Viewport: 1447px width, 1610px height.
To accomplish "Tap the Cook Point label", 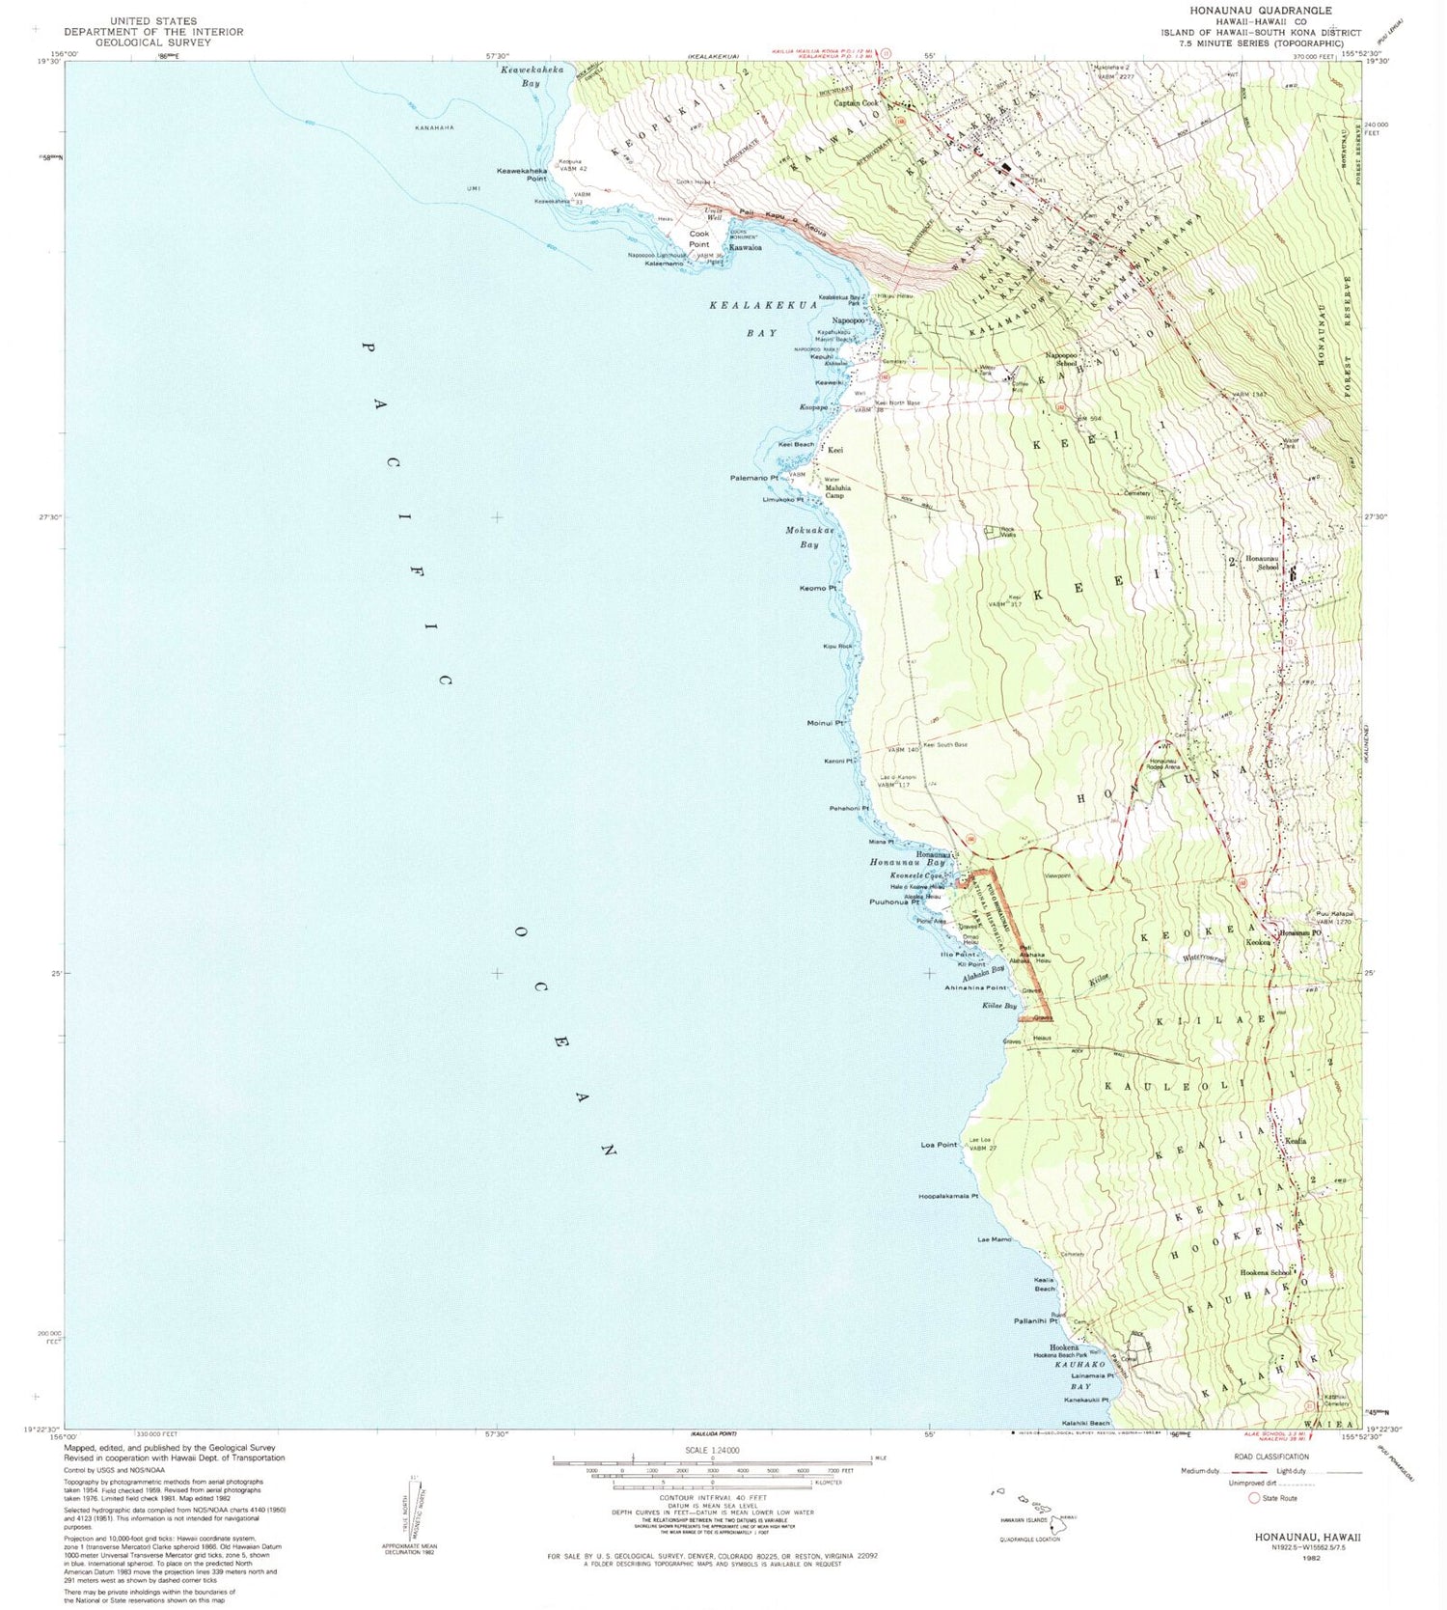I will pos(699,238).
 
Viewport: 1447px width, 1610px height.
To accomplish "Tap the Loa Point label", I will pos(939,1145).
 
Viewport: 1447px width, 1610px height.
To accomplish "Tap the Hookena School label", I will pos(1265,1272).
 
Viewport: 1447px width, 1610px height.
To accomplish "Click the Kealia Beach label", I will pos(1045,1284).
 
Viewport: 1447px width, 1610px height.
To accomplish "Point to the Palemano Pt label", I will pos(754,478).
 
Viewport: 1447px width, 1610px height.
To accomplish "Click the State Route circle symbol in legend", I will pos(1254,1498).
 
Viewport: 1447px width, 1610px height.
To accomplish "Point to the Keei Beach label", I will pos(796,444).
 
